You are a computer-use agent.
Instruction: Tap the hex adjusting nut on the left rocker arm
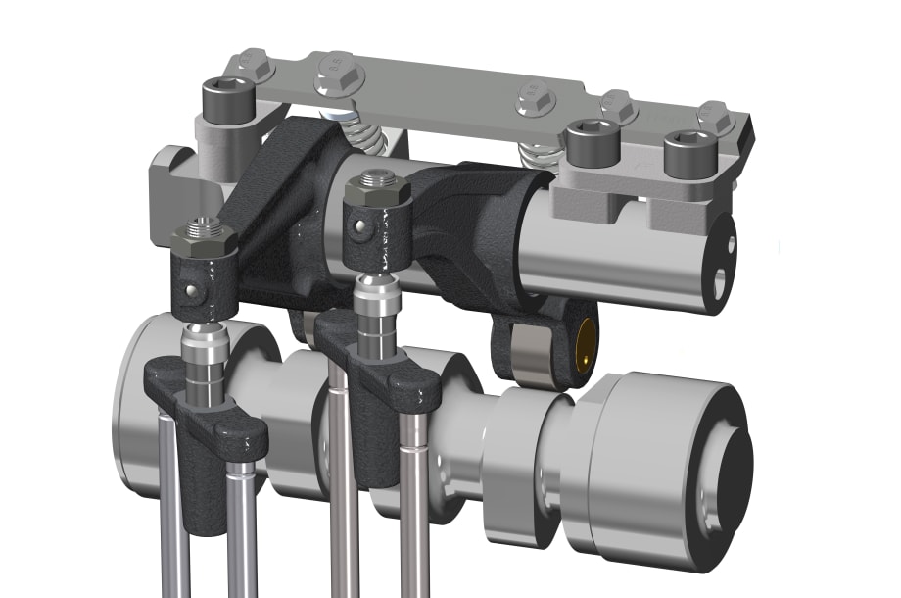[x=203, y=238]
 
